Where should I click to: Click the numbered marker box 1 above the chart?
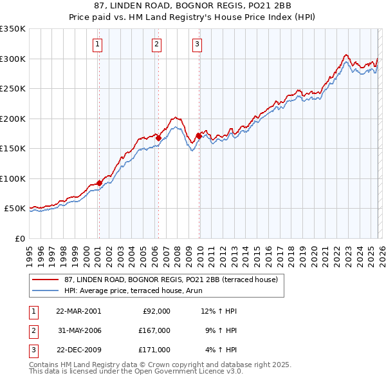(x=97, y=44)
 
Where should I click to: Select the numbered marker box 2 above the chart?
(x=156, y=44)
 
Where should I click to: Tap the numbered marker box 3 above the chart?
(x=197, y=44)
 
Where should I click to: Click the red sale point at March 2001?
(x=99, y=183)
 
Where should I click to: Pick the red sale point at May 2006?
(x=158, y=138)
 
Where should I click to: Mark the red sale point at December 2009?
(x=199, y=135)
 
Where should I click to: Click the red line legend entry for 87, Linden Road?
(x=170, y=280)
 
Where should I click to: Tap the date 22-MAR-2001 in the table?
(x=78, y=311)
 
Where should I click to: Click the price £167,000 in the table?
(x=154, y=330)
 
